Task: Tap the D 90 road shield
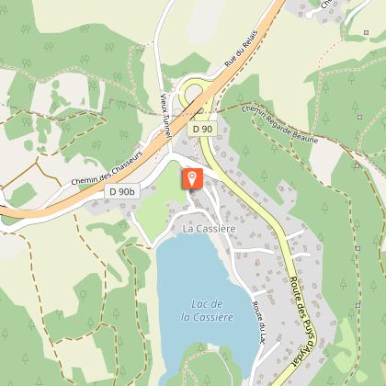[x=202, y=130]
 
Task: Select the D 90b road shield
[x=120, y=191]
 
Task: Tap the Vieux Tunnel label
[x=165, y=114]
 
